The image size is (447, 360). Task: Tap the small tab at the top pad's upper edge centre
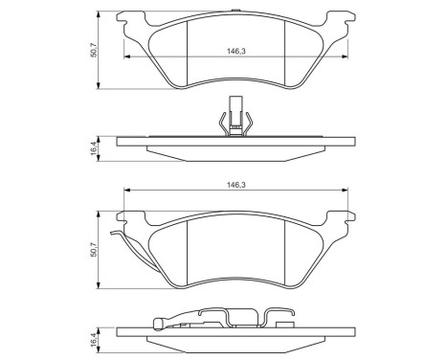click(x=235, y=12)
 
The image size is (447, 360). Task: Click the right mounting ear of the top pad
click(x=341, y=19)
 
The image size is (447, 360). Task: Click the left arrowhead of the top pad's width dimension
click(x=124, y=57)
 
